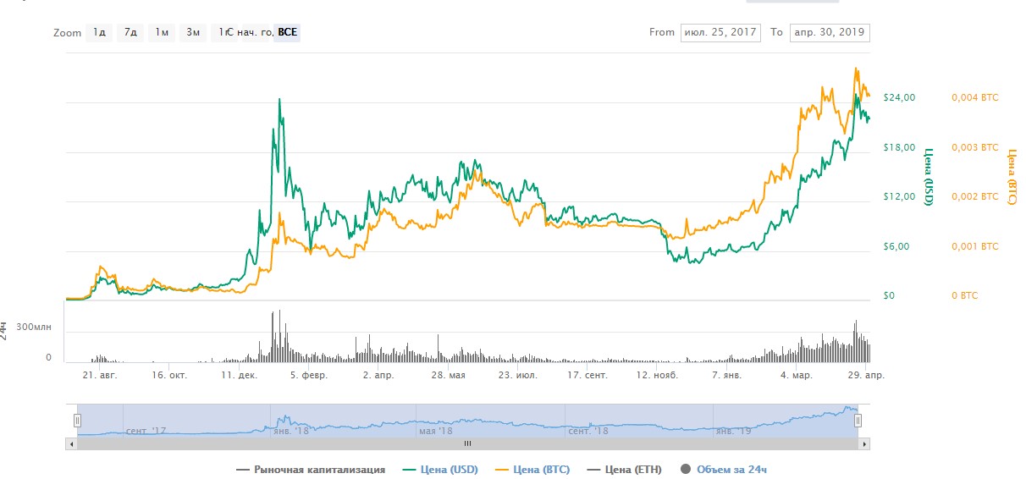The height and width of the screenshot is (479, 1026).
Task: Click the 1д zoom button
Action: coord(100,33)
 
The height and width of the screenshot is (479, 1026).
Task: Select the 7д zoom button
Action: coord(130,33)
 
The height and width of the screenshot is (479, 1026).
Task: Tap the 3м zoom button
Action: coord(193,33)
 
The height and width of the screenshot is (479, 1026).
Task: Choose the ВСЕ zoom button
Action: coord(288,33)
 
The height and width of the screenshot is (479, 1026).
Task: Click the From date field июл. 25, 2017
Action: coord(720,33)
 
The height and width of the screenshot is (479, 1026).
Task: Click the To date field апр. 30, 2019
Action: coord(829,33)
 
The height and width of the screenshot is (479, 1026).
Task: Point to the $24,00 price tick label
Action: coord(899,97)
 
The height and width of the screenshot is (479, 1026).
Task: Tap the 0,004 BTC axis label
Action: coord(975,97)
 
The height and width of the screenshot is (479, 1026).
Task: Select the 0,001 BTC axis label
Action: coord(975,246)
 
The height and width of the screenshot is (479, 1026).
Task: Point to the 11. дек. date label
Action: coord(239,374)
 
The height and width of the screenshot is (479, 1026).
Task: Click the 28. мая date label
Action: coord(447,374)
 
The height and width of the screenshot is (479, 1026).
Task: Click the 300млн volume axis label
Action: coord(35,327)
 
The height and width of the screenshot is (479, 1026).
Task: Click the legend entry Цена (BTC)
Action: coord(540,469)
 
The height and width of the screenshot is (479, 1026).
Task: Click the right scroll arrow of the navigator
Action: coord(864,443)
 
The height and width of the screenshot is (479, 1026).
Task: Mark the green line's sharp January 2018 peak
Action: coord(279,99)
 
